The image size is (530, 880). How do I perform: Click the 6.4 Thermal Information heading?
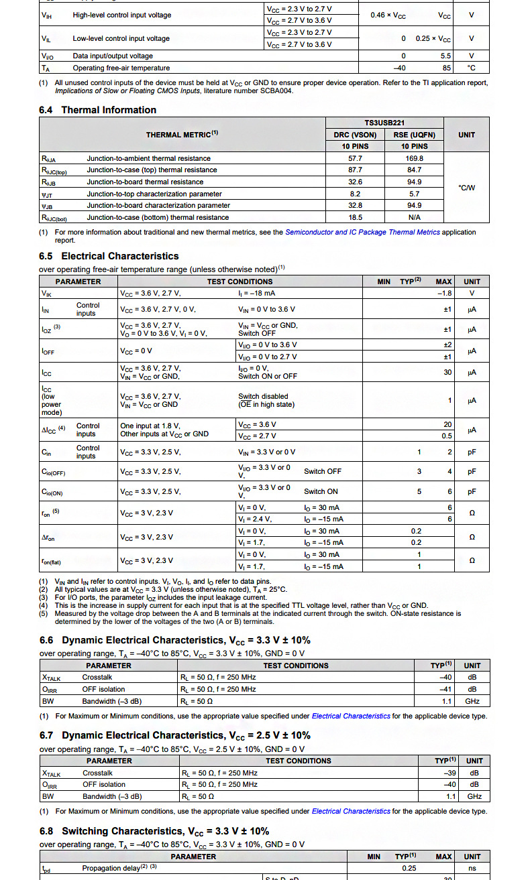point(98,110)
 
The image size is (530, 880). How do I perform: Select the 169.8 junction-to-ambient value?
point(414,158)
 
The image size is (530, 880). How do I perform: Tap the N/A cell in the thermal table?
point(414,217)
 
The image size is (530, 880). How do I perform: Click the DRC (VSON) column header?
point(355,135)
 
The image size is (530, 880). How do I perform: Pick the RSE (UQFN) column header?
point(414,135)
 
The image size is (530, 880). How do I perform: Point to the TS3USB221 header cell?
point(384,123)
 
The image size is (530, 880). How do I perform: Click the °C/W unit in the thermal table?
point(466,188)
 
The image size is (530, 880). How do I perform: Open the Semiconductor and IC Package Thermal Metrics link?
point(362,232)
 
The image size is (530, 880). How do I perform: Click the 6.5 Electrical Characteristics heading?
point(109,256)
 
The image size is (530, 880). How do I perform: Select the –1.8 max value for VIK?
point(444,293)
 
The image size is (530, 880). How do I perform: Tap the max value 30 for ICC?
point(447,372)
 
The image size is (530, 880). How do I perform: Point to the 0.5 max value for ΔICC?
point(447,436)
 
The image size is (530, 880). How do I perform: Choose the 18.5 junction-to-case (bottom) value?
point(355,217)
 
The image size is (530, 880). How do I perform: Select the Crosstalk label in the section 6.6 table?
point(98,678)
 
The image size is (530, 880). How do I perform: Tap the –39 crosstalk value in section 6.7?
point(448,773)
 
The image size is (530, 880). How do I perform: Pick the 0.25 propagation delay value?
point(409,868)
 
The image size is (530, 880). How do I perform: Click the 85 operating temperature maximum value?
point(447,68)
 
